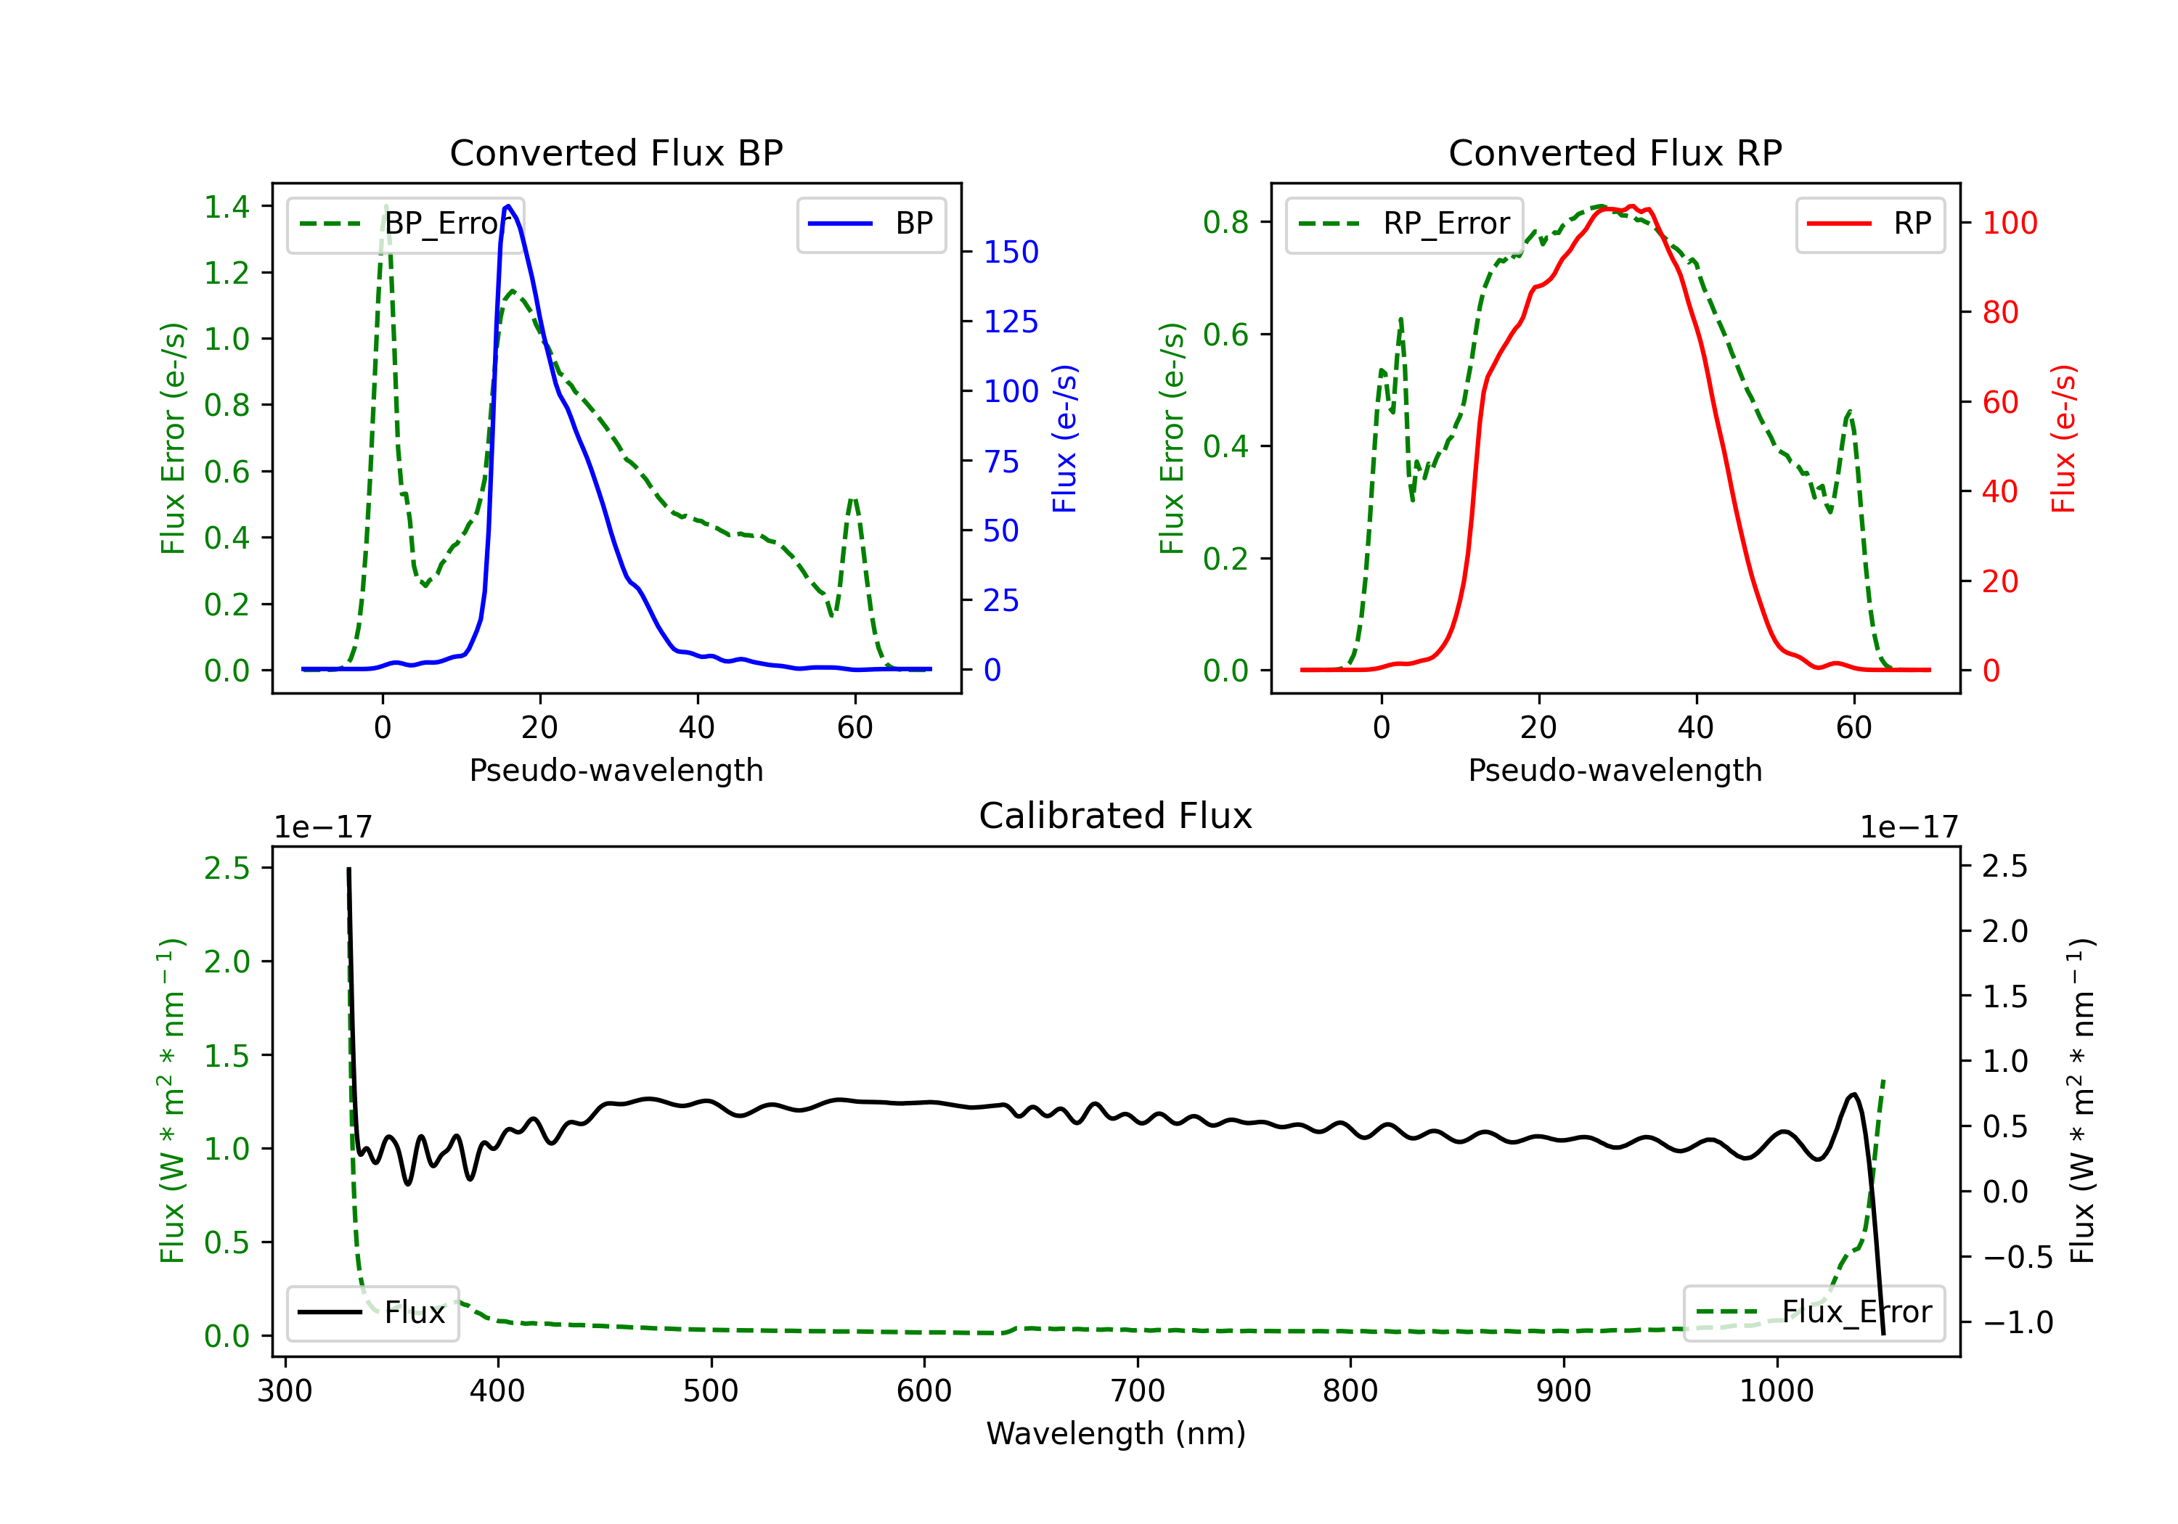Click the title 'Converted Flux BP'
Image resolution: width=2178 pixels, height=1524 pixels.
click(616, 152)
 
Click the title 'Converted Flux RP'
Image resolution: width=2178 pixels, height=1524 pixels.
click(1615, 152)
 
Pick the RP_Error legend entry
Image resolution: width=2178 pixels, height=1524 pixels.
click(1405, 224)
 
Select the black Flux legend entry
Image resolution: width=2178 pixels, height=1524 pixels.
click(373, 1313)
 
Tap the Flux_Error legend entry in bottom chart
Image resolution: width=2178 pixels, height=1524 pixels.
click(1814, 1313)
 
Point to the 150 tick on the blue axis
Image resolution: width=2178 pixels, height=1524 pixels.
click(1011, 253)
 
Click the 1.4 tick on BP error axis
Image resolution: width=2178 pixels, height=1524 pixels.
click(227, 207)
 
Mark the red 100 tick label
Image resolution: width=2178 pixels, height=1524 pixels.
click(2009, 223)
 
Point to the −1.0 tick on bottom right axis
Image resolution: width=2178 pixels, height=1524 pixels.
click(2017, 1322)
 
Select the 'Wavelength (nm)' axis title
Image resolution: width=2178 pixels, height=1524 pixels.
click(1116, 1433)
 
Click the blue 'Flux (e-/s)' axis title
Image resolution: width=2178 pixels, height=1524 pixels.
click(1064, 438)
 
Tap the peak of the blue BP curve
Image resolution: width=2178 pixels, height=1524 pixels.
click(508, 206)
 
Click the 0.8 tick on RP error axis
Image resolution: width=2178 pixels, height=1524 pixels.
click(1225, 222)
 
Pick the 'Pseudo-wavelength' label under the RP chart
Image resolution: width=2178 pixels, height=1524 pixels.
click(1615, 770)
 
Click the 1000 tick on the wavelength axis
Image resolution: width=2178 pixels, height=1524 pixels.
click(1776, 1391)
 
